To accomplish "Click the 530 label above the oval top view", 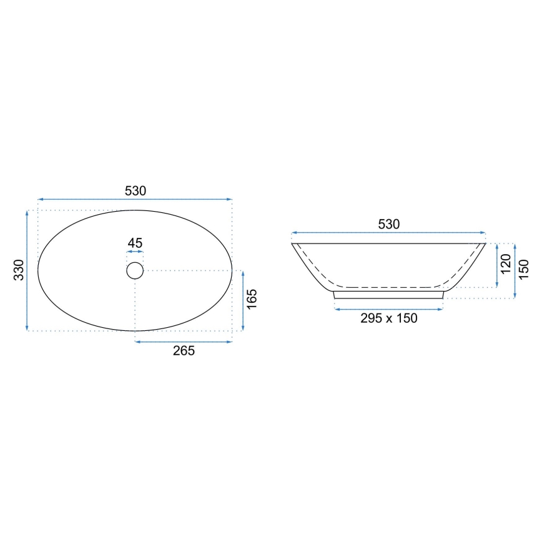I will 135,191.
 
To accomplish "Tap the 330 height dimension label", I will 19,270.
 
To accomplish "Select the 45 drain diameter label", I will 135,243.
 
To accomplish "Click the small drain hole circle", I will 135,270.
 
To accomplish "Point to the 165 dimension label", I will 252,299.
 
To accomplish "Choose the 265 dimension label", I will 184,351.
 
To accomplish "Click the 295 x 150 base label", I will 388,318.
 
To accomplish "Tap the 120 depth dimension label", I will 506,264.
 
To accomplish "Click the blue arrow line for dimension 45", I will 135,252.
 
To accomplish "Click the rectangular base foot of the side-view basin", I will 388,295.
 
